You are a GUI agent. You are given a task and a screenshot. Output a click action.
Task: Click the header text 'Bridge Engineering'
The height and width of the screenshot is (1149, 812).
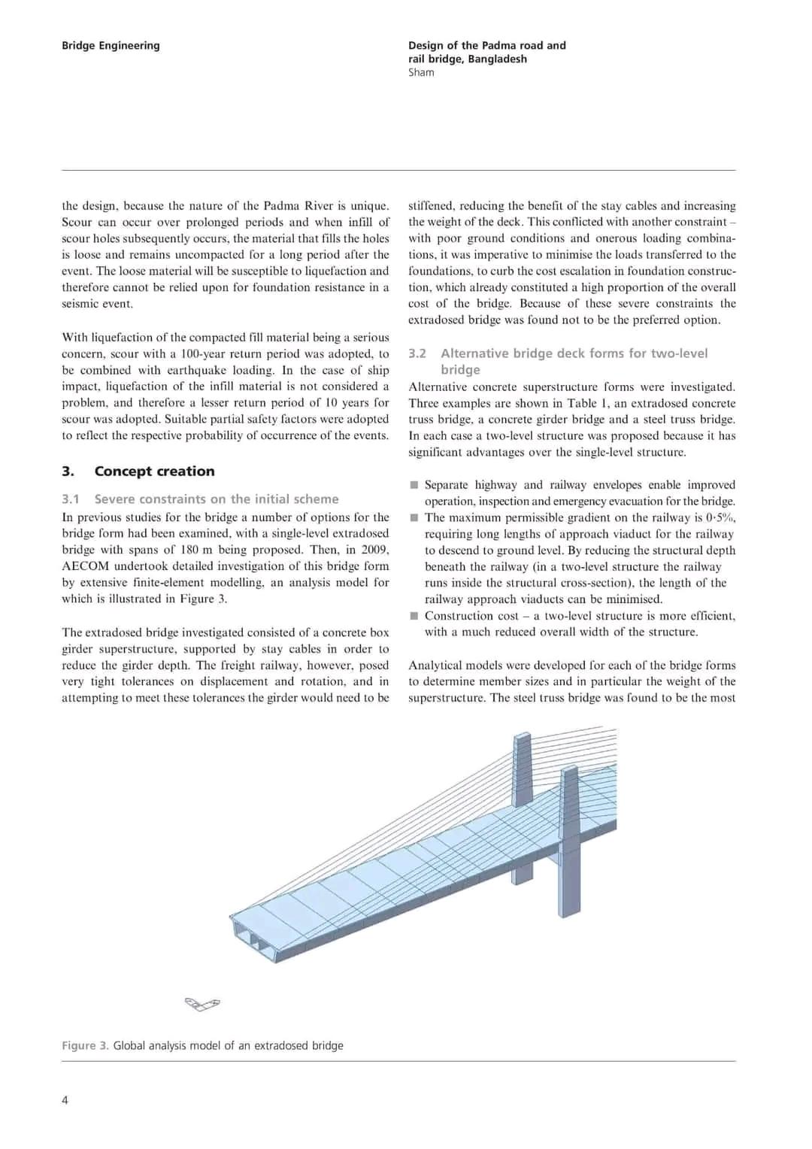[111, 45]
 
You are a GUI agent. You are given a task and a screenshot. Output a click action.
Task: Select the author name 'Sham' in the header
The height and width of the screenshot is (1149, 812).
[421, 72]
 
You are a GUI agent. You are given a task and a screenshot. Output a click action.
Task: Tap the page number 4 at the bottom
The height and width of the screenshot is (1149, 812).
[65, 1100]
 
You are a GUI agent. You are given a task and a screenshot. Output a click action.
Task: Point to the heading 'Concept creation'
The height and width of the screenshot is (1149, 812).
[154, 471]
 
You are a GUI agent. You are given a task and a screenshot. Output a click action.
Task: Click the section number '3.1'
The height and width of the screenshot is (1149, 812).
[71, 499]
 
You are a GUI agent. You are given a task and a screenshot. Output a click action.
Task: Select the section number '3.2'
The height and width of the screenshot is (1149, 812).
[417, 353]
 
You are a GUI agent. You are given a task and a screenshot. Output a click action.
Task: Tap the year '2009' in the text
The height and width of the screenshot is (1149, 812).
[374, 550]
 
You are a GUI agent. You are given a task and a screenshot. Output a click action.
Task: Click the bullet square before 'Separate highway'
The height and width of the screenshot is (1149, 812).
[414, 485]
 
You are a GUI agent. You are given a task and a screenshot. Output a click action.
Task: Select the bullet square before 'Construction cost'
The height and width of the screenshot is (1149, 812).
[414, 616]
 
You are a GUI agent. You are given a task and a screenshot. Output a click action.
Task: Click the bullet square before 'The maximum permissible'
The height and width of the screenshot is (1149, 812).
[414, 518]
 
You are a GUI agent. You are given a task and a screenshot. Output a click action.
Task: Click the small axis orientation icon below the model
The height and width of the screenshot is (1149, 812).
[202, 1004]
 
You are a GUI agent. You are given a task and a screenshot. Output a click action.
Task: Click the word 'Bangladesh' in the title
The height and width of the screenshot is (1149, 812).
[497, 59]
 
